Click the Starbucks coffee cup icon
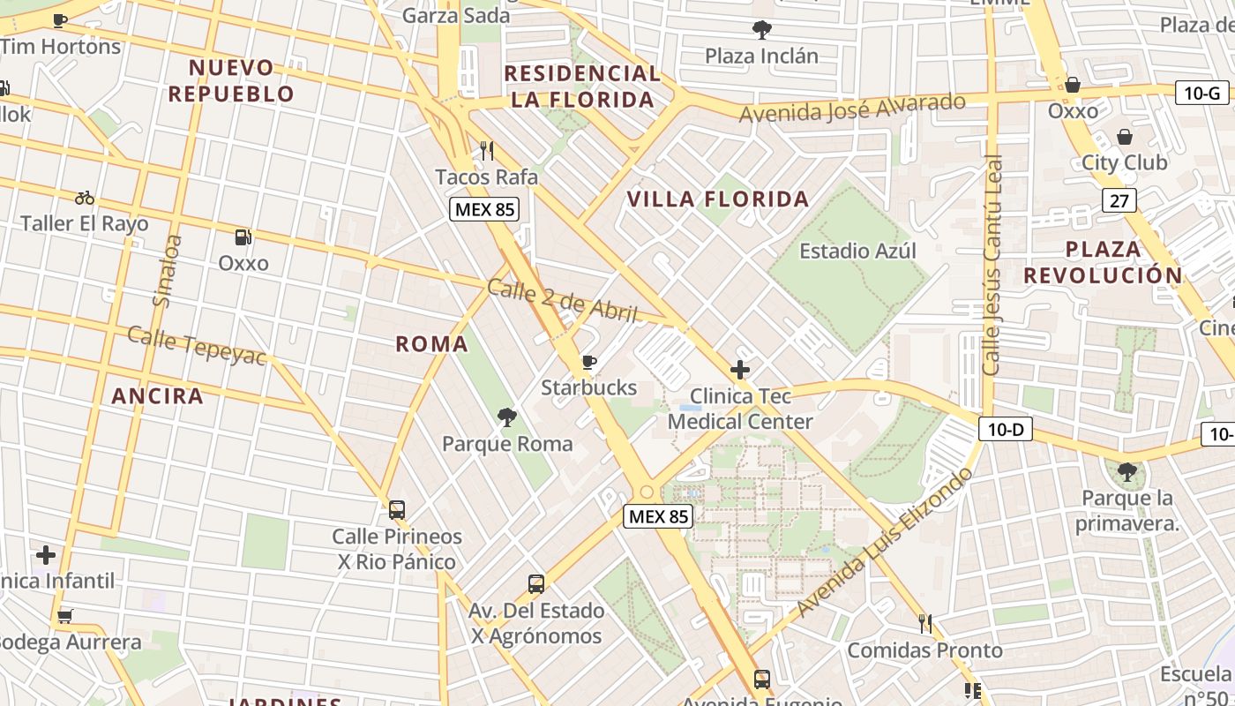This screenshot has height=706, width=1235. click(589, 362)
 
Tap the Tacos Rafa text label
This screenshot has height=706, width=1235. click(486, 176)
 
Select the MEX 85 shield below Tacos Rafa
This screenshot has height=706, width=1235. click(484, 209)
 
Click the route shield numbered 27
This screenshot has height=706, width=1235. click(1119, 200)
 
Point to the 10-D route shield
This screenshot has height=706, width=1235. click(1006, 430)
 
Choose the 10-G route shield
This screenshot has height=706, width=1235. click(1201, 92)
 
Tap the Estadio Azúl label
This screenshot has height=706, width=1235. click(857, 251)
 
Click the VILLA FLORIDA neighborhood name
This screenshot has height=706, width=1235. click(717, 199)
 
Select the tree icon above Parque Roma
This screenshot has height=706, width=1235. click(507, 417)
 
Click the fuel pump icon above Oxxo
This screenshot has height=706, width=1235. click(243, 237)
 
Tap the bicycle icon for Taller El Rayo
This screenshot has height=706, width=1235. click(85, 198)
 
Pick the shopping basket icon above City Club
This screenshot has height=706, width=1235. click(1125, 137)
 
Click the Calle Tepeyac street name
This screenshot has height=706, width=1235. click(196, 345)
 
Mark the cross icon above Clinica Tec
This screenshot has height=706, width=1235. click(740, 370)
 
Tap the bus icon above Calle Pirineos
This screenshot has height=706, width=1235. click(397, 509)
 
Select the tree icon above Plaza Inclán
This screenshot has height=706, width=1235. click(761, 31)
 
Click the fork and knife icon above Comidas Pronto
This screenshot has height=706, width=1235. click(924, 624)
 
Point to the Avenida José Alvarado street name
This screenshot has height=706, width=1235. click(852, 108)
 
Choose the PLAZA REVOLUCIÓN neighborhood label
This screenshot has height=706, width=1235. click(1102, 262)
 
